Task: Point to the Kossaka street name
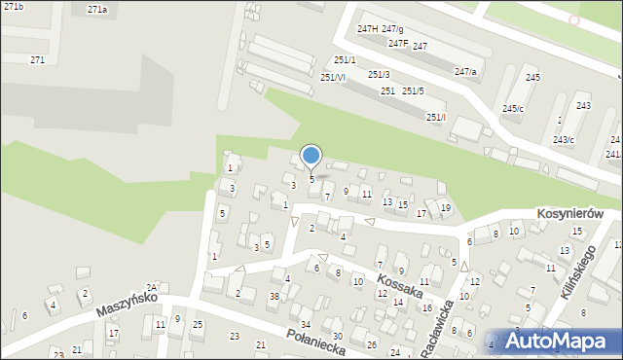point(399,285)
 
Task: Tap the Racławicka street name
point(436,328)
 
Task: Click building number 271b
point(12,7)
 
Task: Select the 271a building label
point(96,9)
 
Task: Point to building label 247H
point(367,29)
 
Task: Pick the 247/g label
point(392,29)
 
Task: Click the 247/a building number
point(465,71)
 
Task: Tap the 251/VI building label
point(333,77)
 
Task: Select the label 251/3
point(379,75)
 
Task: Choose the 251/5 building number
point(413,90)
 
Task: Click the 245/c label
point(513,108)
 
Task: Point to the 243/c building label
point(564,140)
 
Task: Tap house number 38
point(275,296)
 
